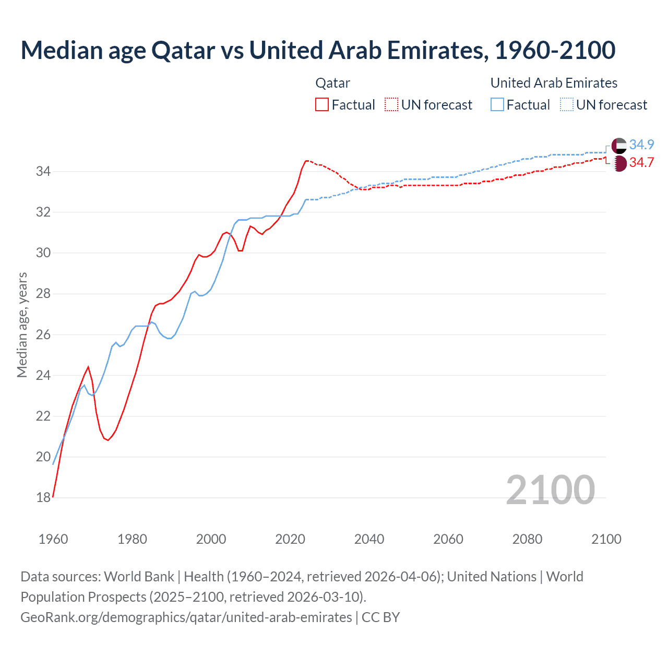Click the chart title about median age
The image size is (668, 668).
pos(318,50)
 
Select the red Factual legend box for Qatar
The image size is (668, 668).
pos(322,104)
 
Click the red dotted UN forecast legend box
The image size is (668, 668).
pos(391,104)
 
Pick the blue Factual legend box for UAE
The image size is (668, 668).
pos(497,104)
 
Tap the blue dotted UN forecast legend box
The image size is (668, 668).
pos(567,104)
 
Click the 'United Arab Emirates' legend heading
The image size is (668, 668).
pos(554,83)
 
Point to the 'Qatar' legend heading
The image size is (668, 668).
pos(332,83)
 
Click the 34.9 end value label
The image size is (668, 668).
pos(641,145)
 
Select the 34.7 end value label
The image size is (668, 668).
pos(641,162)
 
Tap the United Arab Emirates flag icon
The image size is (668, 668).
pos(619,146)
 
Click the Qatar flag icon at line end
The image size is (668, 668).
pos(619,163)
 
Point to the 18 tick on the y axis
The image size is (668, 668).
pos(43,498)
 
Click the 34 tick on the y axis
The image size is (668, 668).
pos(43,171)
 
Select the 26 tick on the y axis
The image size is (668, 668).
pos(43,335)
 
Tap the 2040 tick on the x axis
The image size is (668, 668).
pos(369,539)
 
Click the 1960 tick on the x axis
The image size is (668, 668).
pos(53,539)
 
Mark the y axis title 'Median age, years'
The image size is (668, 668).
pos(22,325)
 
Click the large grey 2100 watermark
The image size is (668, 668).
pos(550,490)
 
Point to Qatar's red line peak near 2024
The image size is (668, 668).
pos(306,161)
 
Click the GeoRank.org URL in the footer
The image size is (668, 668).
pos(186,617)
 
